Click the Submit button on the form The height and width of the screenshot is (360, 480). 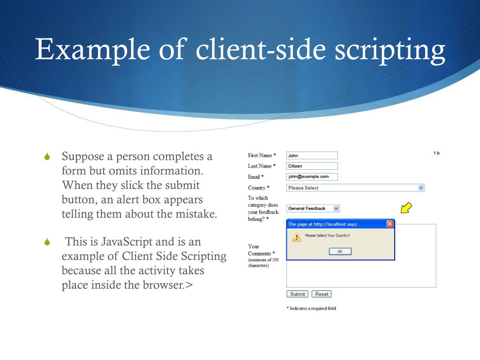click(297, 294)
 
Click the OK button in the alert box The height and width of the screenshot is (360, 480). click(340, 251)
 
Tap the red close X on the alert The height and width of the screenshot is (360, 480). click(390, 224)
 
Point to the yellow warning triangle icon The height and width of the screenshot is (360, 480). click(296, 237)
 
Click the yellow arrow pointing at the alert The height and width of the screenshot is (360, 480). click(406, 208)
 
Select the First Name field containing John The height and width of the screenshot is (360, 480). click(312, 155)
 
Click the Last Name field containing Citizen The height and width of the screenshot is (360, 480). click(312, 166)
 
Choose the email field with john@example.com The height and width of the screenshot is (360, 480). click(312, 177)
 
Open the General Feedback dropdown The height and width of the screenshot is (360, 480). click(313, 208)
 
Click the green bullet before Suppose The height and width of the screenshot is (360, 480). click(47, 157)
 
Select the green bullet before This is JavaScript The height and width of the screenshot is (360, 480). click(47, 242)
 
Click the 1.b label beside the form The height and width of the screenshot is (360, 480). click(436, 153)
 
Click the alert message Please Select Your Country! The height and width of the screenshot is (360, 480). click(328, 235)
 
